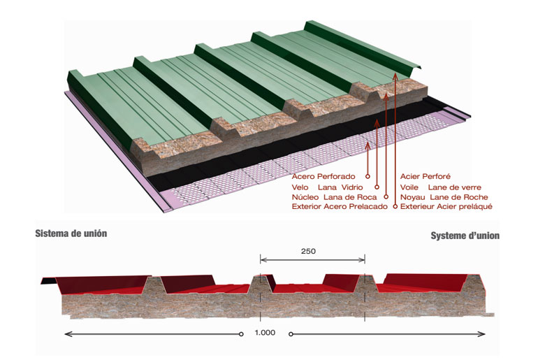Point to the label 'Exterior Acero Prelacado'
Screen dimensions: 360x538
tap(339, 207)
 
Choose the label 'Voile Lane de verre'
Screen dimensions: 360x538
tap(439, 187)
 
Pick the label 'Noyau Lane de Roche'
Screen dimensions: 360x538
tap(443, 197)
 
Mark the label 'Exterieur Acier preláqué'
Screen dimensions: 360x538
tap(447, 207)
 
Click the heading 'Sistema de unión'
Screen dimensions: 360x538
tap(71, 233)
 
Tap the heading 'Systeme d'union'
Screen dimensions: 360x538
tap(465, 236)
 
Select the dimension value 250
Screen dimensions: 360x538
tap(310, 250)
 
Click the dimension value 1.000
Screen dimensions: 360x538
tap(265, 333)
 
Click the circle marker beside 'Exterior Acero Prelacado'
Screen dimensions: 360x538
tap(395, 207)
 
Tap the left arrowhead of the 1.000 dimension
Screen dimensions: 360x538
tap(66, 334)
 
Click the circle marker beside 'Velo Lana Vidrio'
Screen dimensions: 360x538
tap(377, 187)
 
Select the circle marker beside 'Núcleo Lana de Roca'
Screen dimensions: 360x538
tap(386, 197)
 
